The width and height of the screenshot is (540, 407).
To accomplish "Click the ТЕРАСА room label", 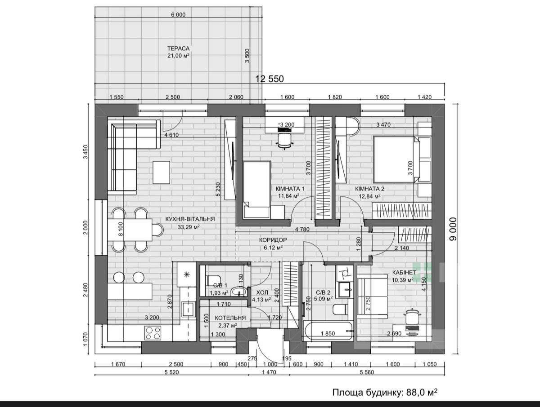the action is coord(178,49).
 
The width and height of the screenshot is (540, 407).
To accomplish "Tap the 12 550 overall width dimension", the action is coord(270,79).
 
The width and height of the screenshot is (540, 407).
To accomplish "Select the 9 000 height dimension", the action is coord(453,229).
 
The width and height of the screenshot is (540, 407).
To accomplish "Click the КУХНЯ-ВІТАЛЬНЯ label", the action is coord(190,219).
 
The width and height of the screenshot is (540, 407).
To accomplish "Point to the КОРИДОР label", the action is coord(273,240).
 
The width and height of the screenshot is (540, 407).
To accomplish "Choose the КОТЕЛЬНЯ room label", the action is coord(230,318).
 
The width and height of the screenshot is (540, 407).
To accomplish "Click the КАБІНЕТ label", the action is coord(404,272).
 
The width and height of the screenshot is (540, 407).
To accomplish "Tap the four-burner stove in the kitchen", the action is coord(153,333).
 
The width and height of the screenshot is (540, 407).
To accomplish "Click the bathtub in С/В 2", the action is coord(328,331).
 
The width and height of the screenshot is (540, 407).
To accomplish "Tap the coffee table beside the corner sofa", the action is coord(162,173).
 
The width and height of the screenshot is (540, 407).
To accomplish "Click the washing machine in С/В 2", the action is coord(345,273).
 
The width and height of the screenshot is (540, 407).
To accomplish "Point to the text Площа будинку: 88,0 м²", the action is coord(385,392).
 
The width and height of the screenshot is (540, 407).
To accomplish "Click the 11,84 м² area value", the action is coord(288,196).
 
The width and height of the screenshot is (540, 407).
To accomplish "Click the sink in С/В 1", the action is coord(239,292).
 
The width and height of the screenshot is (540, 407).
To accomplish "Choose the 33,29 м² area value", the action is coord(189,227).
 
